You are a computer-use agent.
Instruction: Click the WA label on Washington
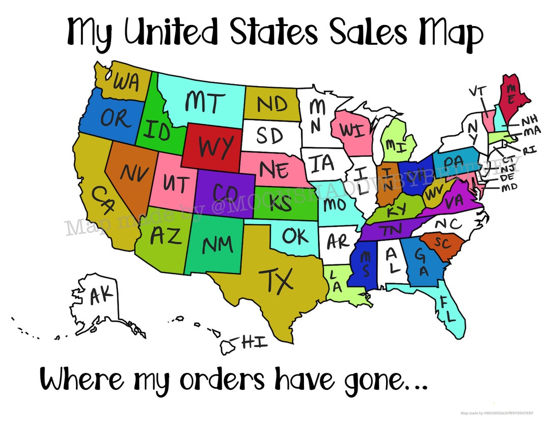tap(126, 83)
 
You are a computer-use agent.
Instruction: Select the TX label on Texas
tap(277, 279)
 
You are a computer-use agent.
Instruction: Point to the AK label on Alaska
tap(101, 295)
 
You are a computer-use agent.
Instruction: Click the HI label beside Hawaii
tap(255, 342)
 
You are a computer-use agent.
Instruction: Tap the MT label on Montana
tap(203, 102)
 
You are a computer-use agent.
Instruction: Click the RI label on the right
tap(530, 150)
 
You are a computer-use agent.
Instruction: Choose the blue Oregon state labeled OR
tap(115, 119)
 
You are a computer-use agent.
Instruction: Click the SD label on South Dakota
tap(269, 136)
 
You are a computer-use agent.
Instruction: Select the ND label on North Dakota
tap(272, 104)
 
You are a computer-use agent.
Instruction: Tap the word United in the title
tap(170, 32)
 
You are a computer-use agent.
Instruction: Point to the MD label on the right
tap(509, 187)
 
